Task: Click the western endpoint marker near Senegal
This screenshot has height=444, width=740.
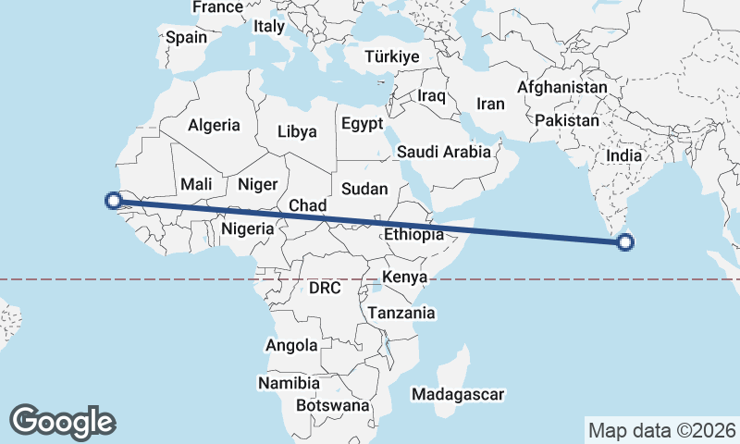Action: (x=113, y=200)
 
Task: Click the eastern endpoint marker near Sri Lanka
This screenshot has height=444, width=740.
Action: (x=625, y=243)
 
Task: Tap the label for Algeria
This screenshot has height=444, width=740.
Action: (x=214, y=125)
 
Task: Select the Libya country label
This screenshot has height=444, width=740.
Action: (x=297, y=131)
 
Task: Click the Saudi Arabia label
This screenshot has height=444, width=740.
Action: (x=443, y=152)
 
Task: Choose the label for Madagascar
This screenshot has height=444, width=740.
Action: (x=459, y=395)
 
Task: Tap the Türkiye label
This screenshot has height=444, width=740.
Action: (x=392, y=56)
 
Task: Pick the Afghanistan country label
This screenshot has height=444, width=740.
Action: (x=562, y=88)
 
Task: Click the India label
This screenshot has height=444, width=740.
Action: (x=623, y=155)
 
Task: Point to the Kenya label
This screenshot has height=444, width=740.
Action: (x=404, y=277)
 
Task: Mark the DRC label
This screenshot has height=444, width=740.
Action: (x=326, y=288)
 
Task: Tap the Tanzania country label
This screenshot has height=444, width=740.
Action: (x=401, y=313)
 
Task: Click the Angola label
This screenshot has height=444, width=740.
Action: (x=291, y=345)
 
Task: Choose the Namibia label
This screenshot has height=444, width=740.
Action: (x=289, y=382)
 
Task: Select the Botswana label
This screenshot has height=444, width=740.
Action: (x=333, y=405)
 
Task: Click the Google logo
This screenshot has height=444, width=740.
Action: (x=62, y=421)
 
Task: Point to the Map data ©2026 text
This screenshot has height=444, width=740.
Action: (x=662, y=430)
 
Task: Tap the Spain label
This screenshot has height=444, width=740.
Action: (x=185, y=38)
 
